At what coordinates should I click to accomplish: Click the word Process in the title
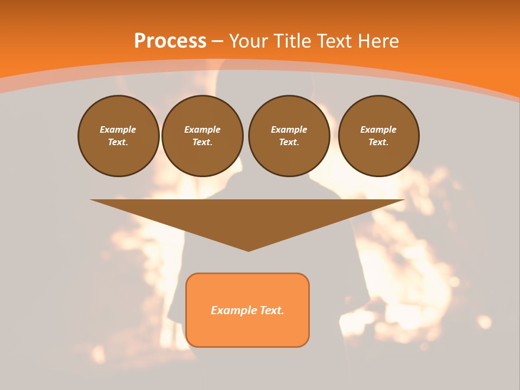[x=170, y=41]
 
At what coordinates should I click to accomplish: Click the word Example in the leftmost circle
[x=118, y=129]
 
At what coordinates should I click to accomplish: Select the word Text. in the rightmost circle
[x=378, y=142]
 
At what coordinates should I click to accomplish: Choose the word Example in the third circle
[x=289, y=129]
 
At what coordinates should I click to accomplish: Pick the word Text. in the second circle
[x=202, y=142]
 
